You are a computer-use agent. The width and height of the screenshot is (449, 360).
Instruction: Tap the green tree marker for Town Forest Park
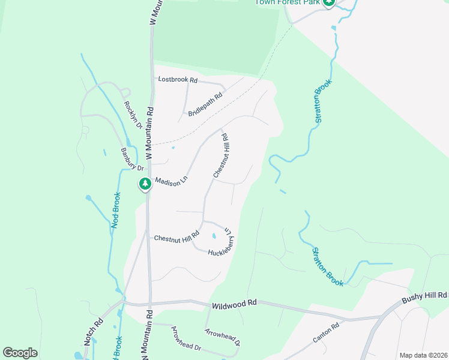pos(328,2)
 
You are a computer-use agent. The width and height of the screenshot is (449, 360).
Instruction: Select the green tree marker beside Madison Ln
pos(145,184)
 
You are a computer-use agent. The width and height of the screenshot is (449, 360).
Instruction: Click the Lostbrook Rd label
pos(178,79)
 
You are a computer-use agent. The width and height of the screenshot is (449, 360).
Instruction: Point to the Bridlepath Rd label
pos(205,104)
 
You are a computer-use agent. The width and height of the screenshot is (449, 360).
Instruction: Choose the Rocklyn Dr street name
pos(133,115)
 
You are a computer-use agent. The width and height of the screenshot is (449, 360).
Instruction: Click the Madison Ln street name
pos(172,181)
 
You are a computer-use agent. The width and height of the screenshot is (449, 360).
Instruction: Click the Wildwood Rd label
pos(234,304)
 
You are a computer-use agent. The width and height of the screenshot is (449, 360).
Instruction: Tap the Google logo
pos(20,353)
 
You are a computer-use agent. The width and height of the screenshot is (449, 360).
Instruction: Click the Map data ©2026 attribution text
pos(423,355)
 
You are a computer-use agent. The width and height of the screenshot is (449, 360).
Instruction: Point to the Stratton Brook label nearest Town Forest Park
pos(323,103)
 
